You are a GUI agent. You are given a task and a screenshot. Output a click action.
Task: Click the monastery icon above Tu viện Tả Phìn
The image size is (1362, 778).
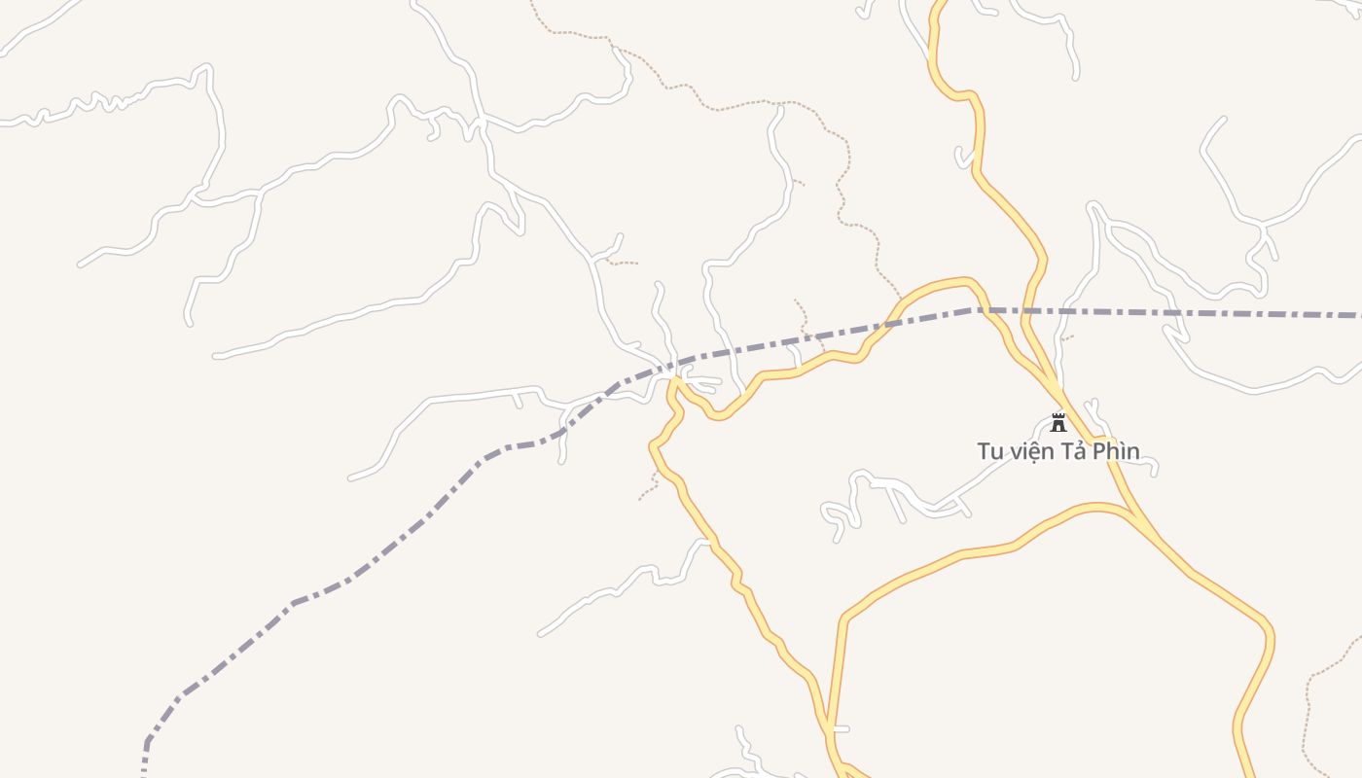coord(1058,423)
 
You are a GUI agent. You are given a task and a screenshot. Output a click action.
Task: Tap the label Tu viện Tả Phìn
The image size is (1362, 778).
coord(1058,451)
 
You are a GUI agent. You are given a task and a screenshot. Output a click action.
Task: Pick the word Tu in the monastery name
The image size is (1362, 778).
coord(989,451)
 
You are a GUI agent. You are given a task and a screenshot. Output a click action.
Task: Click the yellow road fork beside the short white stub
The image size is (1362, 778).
coord(829,727)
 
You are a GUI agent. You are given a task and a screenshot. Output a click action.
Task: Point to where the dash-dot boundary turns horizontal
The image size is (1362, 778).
coord(973,310)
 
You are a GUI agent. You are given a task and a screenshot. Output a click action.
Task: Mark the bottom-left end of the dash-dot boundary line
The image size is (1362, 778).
coord(144,772)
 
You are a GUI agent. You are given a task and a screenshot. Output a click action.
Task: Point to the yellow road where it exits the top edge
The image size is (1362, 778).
coord(942,4)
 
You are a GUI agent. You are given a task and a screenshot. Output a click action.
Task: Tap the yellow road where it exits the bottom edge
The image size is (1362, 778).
coord(1247,772)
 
